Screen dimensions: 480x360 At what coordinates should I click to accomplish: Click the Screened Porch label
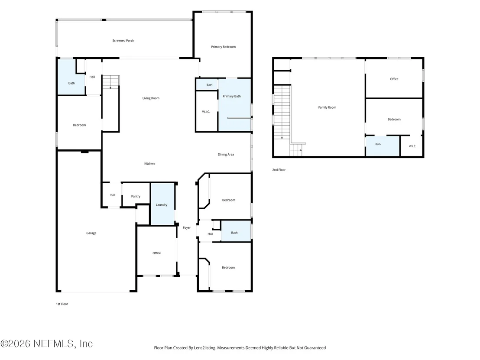(x=123, y=40)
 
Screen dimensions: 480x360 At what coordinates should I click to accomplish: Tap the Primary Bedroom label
(x=223, y=47)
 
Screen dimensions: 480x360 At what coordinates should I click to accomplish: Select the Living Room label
(x=151, y=98)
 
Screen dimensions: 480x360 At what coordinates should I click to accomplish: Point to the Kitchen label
(x=149, y=163)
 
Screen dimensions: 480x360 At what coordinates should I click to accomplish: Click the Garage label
(x=91, y=233)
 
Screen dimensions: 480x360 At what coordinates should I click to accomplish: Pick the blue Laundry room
(x=162, y=204)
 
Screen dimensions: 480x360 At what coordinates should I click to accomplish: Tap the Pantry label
(x=136, y=196)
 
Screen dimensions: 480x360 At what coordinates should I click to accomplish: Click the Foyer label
(x=187, y=227)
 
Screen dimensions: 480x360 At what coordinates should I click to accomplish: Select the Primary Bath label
(x=231, y=96)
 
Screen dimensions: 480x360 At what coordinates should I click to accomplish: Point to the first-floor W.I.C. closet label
(x=206, y=112)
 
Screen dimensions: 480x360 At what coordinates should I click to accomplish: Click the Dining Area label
(x=226, y=154)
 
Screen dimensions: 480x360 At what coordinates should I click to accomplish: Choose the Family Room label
(x=327, y=107)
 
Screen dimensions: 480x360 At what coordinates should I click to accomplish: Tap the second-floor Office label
(x=394, y=79)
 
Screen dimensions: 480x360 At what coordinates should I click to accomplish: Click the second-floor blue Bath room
(x=383, y=146)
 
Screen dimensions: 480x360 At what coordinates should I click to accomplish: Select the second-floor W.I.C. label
(x=412, y=146)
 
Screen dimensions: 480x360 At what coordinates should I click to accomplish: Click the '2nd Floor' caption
(x=279, y=169)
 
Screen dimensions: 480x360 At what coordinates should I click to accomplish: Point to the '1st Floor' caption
(x=62, y=304)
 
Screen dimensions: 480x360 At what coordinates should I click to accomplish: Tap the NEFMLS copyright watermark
(x=46, y=344)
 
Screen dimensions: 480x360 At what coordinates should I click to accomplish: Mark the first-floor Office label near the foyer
(x=156, y=253)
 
